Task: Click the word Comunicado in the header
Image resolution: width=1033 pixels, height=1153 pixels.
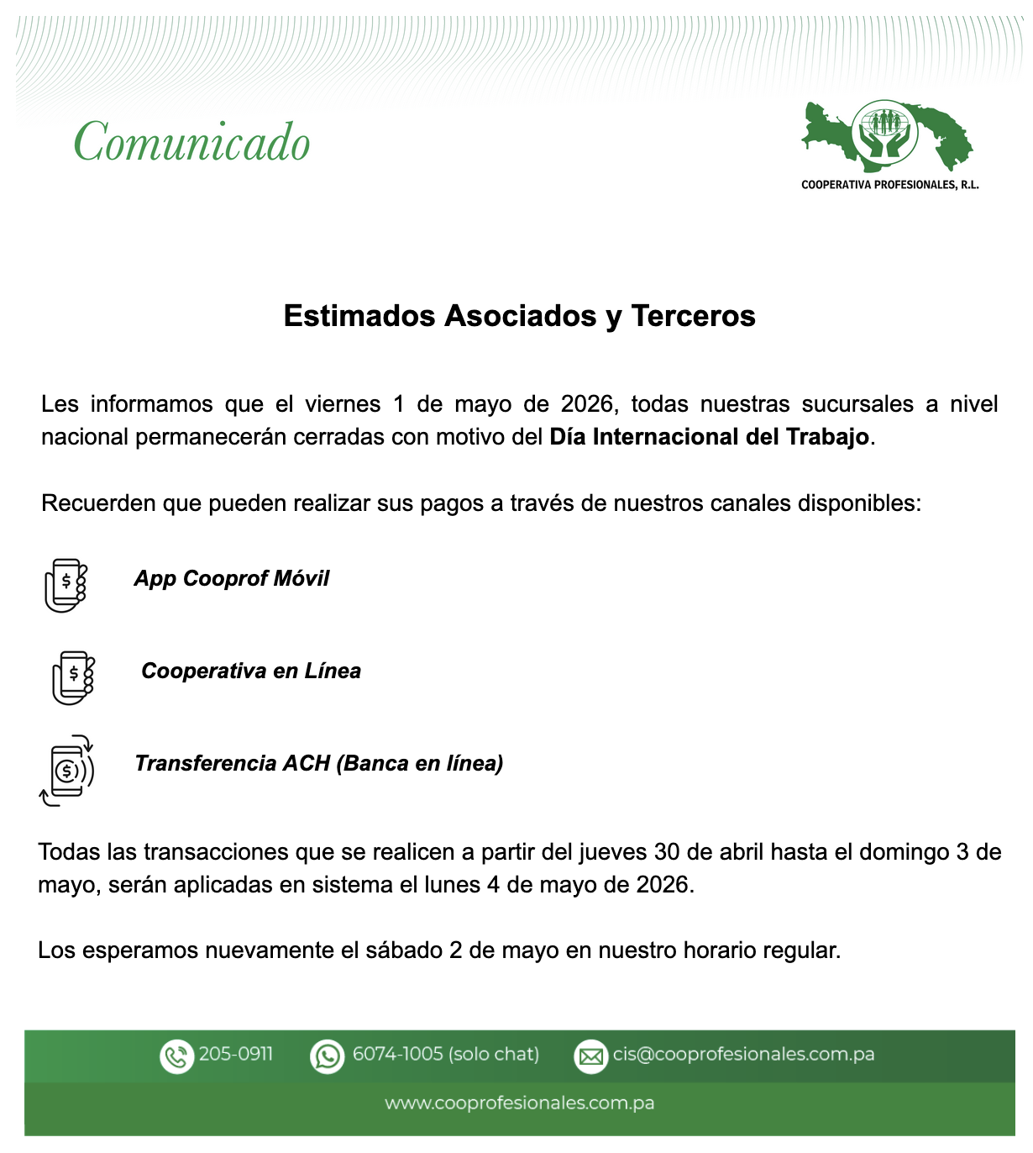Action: pyautogui.click(x=192, y=142)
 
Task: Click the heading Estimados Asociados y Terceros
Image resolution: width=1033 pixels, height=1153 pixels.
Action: pyautogui.click(x=519, y=316)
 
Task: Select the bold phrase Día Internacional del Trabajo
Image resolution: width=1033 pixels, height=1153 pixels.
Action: pyautogui.click(x=710, y=437)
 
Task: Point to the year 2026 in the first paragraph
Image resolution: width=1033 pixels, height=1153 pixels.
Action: pyautogui.click(x=586, y=404)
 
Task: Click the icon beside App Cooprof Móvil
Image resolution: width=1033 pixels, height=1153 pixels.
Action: pyautogui.click(x=66, y=585)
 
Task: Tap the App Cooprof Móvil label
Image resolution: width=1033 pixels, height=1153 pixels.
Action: pyautogui.click(x=232, y=578)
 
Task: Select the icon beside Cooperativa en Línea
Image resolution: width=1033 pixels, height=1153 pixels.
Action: pyautogui.click(x=73, y=677)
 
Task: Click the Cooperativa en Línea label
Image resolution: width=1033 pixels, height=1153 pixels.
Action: pyautogui.click(x=251, y=671)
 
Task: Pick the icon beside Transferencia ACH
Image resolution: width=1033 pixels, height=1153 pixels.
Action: pyautogui.click(x=68, y=771)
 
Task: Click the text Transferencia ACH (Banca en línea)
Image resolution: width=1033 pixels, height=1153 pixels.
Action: pyautogui.click(x=319, y=763)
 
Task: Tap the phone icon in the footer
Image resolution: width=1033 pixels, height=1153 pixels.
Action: pyautogui.click(x=176, y=1056)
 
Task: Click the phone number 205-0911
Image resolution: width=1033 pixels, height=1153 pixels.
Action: pyautogui.click(x=236, y=1054)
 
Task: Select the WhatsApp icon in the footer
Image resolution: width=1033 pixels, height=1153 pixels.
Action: pyautogui.click(x=327, y=1056)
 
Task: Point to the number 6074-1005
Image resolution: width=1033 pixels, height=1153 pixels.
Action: pyautogui.click(x=397, y=1054)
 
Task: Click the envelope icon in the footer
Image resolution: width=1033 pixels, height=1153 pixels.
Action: pyautogui.click(x=590, y=1056)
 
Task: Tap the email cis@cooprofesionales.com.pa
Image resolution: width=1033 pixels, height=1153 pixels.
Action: pyautogui.click(x=743, y=1054)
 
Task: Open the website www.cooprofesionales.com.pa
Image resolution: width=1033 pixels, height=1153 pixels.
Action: pyautogui.click(x=519, y=1103)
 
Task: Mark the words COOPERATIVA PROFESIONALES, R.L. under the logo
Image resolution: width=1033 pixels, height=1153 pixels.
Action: pyautogui.click(x=890, y=185)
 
